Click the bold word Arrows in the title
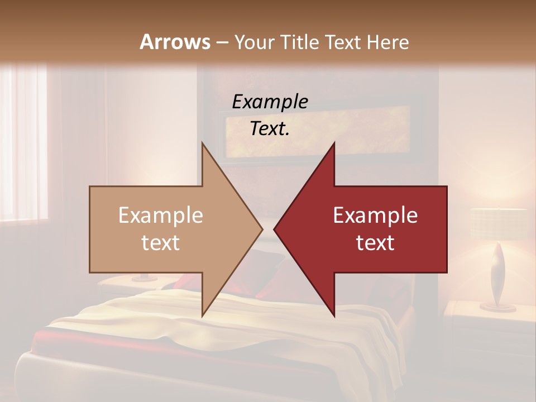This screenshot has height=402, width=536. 175,42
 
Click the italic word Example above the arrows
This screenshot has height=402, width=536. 270,102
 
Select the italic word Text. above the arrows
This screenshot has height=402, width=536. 270,129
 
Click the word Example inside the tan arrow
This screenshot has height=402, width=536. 161,215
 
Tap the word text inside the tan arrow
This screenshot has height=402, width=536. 161,243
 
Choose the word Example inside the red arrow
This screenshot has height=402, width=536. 375,215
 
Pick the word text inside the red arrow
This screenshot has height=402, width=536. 375,243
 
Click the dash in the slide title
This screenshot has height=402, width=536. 222,42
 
